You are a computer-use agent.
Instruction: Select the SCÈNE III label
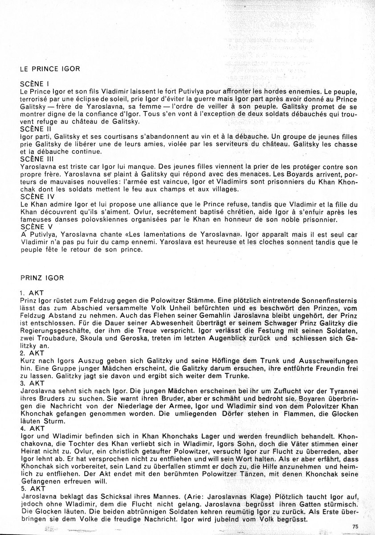[x=38, y=159]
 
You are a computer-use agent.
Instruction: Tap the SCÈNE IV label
[x=37, y=196]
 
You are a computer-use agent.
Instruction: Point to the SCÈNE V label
[x=36, y=227]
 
